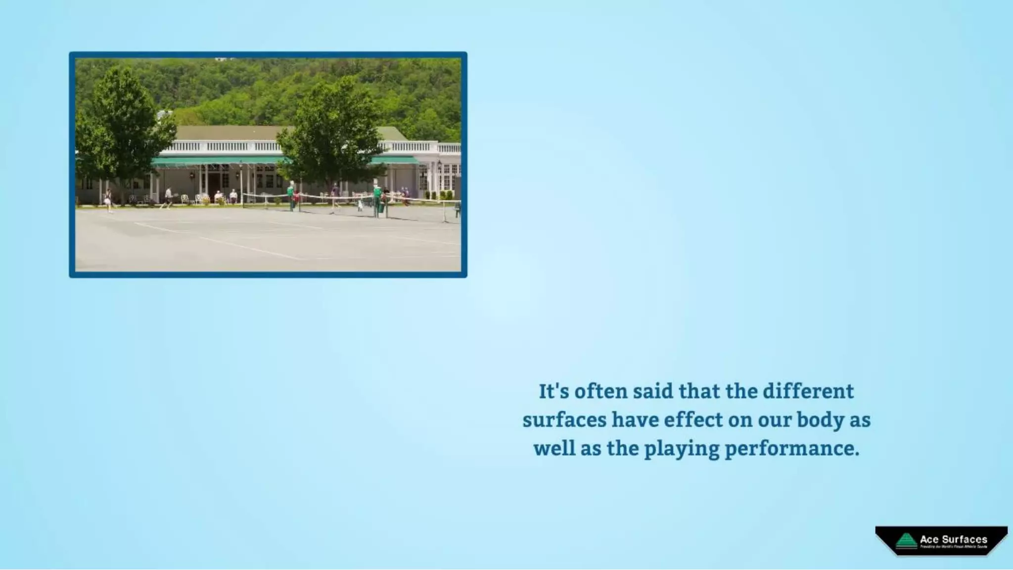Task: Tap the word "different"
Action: click(808, 391)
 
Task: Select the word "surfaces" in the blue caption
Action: click(564, 420)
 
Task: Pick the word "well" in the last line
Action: click(553, 448)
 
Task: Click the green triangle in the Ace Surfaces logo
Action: click(906, 540)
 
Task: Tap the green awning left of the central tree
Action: click(218, 161)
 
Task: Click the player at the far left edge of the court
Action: click(108, 199)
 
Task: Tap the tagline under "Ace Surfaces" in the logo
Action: click(953, 547)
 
